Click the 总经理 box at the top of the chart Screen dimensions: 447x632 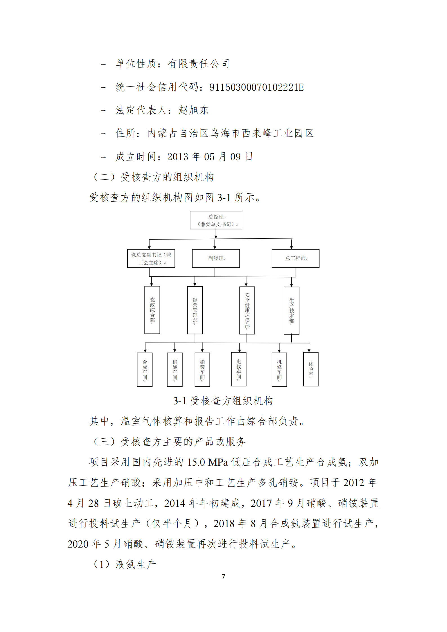pos(216,220)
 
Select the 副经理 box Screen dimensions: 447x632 pos(216,258)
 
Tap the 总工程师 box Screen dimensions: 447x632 pos(296,258)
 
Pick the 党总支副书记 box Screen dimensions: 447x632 pos(151,258)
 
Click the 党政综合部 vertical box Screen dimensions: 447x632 pos(152,310)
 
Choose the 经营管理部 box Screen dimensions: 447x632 pos(195,310)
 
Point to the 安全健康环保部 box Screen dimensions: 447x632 pos(247,311)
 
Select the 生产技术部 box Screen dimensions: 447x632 pos(292,311)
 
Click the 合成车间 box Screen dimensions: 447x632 pos(145,370)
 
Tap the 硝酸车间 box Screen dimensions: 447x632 pos(175,370)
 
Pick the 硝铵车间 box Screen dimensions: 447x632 pos(202,370)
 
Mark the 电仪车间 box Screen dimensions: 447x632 pos(239,369)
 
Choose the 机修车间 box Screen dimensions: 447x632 pos(279,370)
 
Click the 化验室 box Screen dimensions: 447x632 pos(311,369)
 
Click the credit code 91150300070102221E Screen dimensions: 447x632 pos(257,87)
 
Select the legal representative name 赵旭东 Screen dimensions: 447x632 pos(194,110)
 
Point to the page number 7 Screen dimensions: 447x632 pos(223,576)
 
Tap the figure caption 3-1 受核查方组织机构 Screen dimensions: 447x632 pos(223,401)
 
